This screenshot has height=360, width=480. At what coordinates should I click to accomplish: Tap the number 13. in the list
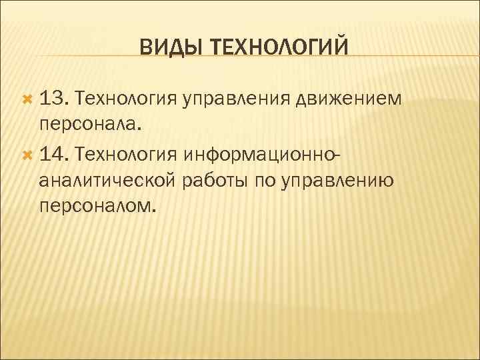pyautogui.click(x=54, y=99)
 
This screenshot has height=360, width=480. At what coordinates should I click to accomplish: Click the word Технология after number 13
pyautogui.click(x=126, y=99)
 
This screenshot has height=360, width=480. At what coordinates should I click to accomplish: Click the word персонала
pyautogui.click(x=90, y=125)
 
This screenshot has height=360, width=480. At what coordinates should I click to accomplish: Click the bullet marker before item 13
pyautogui.click(x=27, y=100)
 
